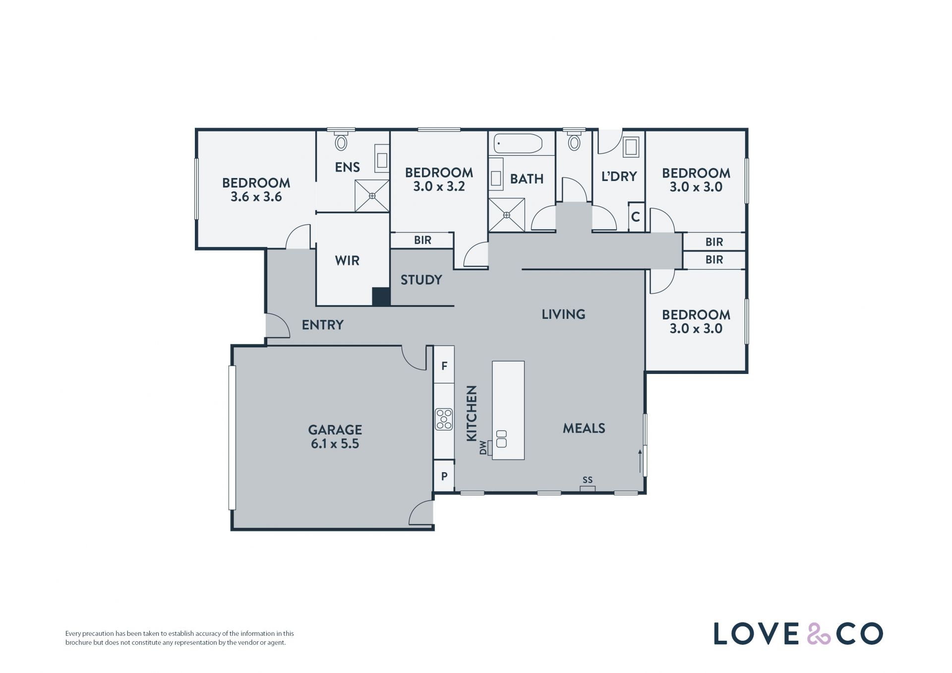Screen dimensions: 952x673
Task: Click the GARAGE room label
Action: [335, 429]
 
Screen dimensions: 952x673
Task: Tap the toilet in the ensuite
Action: [341, 141]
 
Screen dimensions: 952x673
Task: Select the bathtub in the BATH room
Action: [518, 143]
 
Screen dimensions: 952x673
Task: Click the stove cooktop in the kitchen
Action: [444, 419]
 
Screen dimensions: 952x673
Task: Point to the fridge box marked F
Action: [444, 366]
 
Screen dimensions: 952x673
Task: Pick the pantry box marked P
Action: [444, 476]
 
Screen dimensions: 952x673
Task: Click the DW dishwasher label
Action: [483, 448]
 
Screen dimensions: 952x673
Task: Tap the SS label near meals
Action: [588, 480]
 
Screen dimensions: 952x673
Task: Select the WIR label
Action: [347, 260]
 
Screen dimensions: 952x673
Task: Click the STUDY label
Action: [421, 280]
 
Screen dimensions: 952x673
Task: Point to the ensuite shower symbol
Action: [372, 196]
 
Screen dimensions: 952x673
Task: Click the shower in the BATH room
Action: [507, 215]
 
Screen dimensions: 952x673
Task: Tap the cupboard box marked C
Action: [636, 217]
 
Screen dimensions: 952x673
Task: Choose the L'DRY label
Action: [619, 176]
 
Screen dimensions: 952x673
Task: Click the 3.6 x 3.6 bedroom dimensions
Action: [256, 197]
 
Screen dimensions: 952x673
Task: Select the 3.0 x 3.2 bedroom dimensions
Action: [439, 186]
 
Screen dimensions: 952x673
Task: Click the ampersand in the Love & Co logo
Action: [819, 634]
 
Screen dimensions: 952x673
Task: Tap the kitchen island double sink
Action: [501, 439]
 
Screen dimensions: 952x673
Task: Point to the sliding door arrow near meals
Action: [640, 461]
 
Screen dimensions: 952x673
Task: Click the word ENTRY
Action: [323, 325]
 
